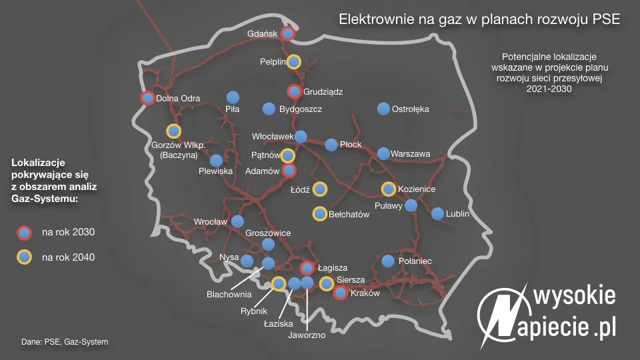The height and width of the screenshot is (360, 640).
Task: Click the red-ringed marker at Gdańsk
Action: tap(287, 34)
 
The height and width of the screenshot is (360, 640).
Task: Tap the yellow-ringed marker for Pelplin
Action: tap(293, 61)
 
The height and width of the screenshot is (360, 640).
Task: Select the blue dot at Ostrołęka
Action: tap(383, 109)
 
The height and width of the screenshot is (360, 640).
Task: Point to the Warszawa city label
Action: tap(410, 154)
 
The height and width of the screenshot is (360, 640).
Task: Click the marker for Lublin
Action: tap(437, 214)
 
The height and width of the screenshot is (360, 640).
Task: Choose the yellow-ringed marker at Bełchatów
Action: tap(320, 214)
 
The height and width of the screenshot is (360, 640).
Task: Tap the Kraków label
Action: tap(365, 293)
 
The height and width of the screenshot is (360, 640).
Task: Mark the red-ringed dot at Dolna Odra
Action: tap(148, 99)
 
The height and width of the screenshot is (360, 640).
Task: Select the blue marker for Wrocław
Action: tap(237, 221)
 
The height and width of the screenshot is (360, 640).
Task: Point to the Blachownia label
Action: tap(229, 293)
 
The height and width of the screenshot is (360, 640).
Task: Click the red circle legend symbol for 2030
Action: tap(24, 233)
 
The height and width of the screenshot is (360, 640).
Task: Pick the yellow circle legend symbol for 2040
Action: tap(24, 257)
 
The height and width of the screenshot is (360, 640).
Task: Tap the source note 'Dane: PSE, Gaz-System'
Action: tap(65, 341)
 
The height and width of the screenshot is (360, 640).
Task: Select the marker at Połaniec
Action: tap(388, 261)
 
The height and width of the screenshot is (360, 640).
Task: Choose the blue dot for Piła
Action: tap(233, 97)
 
